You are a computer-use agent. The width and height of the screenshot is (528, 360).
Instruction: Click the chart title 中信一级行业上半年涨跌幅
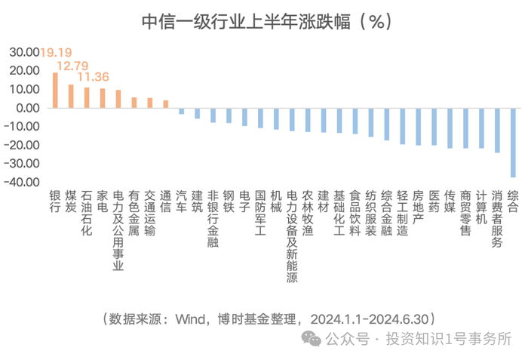click(x=246, y=22)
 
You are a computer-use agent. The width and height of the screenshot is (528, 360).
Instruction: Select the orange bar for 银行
click(x=55, y=91)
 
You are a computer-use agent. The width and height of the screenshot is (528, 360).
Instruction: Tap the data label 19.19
click(x=57, y=52)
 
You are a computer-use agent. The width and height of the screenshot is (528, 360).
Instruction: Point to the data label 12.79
click(x=72, y=66)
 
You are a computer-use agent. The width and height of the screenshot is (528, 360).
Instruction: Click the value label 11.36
click(x=94, y=77)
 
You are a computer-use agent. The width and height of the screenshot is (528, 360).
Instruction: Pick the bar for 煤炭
click(x=71, y=96)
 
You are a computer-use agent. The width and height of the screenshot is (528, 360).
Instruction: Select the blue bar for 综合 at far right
click(x=513, y=143)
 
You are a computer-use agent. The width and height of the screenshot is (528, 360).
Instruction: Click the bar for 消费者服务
click(x=497, y=131)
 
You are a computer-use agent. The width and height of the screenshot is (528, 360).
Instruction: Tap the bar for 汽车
click(x=182, y=111)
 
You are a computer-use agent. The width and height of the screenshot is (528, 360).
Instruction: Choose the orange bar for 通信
click(x=166, y=104)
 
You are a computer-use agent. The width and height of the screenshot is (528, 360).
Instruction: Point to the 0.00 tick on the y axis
click(x=28, y=108)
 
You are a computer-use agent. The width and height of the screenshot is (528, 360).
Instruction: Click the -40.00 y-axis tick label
click(x=22, y=182)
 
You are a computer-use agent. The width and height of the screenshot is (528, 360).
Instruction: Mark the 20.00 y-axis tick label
click(x=25, y=70)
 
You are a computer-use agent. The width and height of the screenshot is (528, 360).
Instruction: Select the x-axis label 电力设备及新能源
click(x=292, y=236)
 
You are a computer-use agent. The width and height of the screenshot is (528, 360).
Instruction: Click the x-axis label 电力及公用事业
click(x=118, y=230)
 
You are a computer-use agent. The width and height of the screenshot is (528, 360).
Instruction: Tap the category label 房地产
click(x=418, y=208)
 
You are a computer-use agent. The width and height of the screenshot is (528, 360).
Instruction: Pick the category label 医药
click(x=434, y=202)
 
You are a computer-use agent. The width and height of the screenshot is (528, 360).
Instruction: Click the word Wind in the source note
click(x=190, y=319)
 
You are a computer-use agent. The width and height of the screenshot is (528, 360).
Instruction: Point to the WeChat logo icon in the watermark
click(x=311, y=338)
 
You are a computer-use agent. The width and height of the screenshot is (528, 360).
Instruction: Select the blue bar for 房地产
click(x=418, y=127)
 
